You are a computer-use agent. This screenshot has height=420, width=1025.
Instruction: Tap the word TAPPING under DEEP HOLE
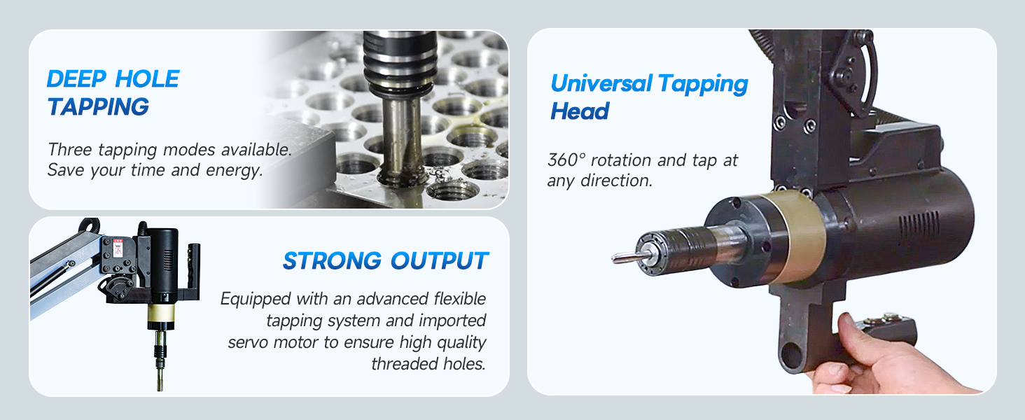click(98, 107)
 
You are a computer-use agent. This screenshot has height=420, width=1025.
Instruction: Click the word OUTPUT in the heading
click(439, 261)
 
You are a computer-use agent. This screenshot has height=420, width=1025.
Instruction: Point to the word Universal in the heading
click(599, 84)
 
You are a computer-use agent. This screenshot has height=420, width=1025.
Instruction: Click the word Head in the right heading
click(580, 111)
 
